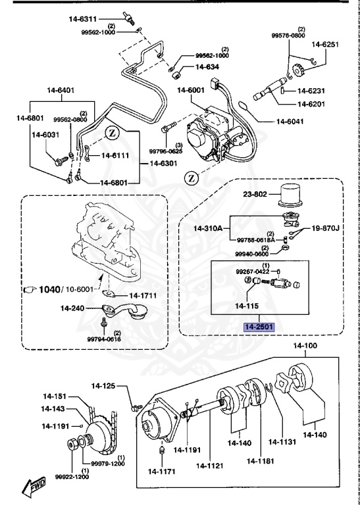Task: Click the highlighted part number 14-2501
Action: [x=259, y=327]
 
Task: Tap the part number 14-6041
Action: [x=290, y=121]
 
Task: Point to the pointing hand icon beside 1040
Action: [x=31, y=289]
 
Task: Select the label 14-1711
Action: [x=142, y=296]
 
